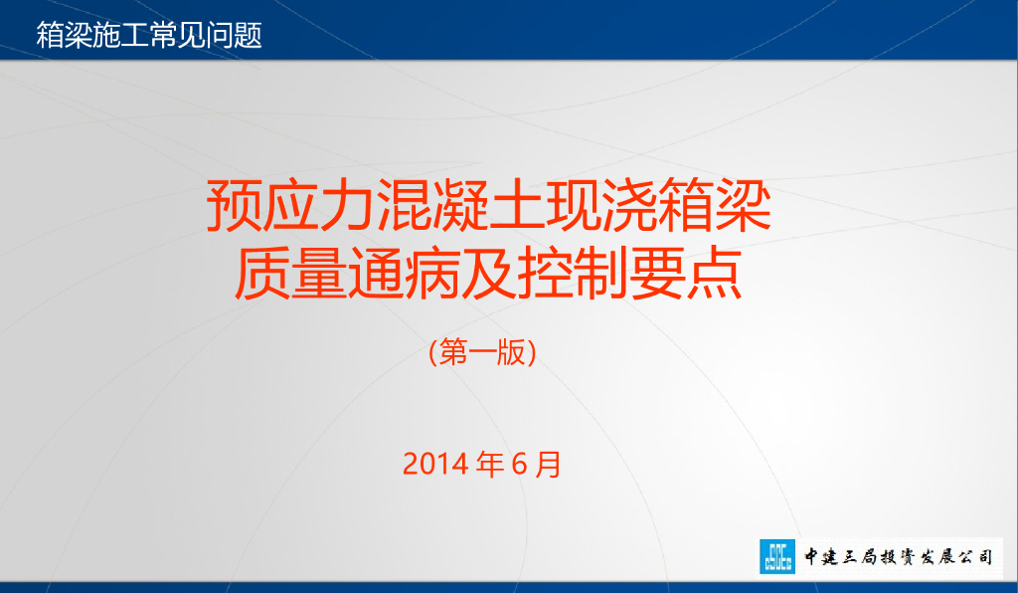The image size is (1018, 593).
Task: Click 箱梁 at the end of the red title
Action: [x=713, y=205]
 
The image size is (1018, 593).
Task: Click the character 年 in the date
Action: [x=491, y=464]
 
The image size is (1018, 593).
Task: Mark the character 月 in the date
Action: [x=548, y=464]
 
